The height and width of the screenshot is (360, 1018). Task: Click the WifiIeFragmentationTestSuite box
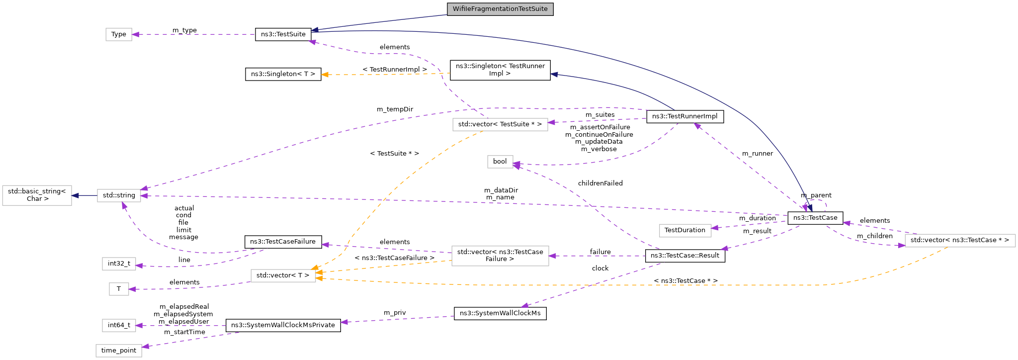500,9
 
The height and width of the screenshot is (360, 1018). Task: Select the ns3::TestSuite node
283,34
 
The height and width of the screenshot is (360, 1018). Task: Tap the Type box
118,34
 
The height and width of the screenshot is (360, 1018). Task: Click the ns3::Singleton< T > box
283,74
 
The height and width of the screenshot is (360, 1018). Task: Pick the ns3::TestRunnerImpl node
684,116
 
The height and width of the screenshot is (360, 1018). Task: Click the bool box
500,162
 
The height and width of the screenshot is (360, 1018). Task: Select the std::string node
119,195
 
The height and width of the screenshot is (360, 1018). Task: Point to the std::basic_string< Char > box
37,195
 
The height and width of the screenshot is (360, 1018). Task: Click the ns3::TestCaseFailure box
282,242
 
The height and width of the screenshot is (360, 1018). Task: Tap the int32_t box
119,264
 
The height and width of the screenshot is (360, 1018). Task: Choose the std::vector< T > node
283,275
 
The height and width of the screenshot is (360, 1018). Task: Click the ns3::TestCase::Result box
684,256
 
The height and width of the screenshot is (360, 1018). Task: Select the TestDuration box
684,230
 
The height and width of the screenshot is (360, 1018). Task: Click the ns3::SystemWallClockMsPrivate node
283,325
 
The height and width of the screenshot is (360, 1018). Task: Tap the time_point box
119,351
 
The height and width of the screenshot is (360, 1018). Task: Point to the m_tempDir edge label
395,109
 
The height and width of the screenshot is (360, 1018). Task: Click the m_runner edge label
757,154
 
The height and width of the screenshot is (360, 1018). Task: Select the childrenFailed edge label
600,183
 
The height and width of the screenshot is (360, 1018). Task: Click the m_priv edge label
395,313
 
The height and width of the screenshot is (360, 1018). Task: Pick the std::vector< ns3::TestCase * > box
959,240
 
